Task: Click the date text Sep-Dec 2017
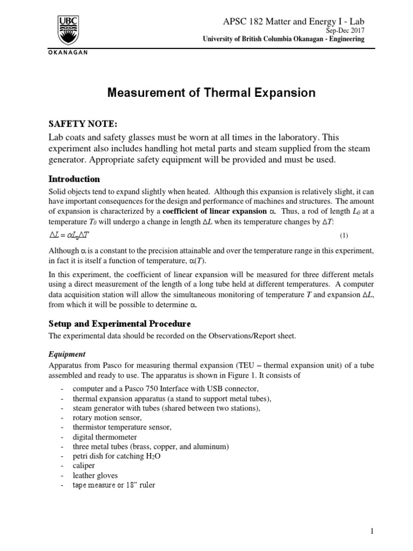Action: [x=346, y=31]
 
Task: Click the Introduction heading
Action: [x=74, y=179]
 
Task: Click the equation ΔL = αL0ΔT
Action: [x=71, y=235]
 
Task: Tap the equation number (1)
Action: [x=344, y=236]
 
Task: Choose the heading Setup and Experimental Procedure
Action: [x=119, y=324]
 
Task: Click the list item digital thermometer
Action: [x=105, y=437]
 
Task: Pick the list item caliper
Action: [x=83, y=466]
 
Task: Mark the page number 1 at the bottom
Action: [x=371, y=531]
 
